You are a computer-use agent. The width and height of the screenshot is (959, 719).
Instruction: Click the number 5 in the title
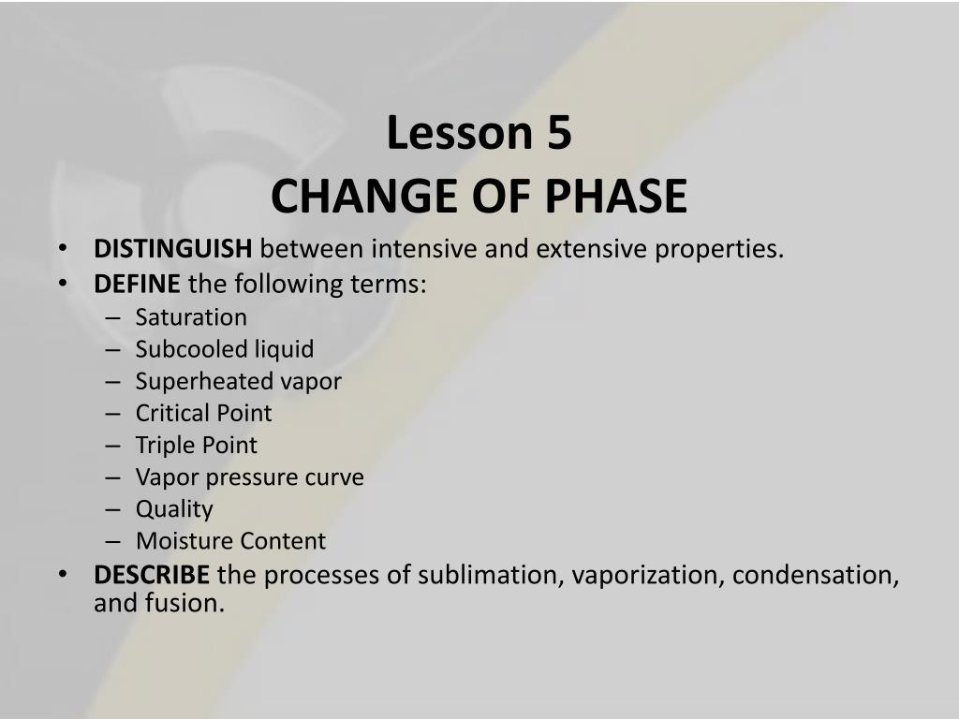tap(559, 133)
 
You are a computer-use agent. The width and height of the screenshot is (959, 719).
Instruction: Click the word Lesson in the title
tap(460, 133)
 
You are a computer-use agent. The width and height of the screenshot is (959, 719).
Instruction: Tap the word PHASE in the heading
tap(616, 197)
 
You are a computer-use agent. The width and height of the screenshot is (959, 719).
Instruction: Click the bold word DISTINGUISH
tap(172, 249)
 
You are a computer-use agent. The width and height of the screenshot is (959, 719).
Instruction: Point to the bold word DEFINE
tap(137, 284)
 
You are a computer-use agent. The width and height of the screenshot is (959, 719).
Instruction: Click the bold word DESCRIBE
tap(152, 575)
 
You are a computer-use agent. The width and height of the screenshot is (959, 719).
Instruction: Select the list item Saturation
tap(191, 317)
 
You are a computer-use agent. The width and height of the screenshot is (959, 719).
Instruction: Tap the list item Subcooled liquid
tap(225, 349)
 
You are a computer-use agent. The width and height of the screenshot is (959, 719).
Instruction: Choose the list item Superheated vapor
tap(239, 382)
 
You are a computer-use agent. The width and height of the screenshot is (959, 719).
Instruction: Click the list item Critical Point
tap(203, 413)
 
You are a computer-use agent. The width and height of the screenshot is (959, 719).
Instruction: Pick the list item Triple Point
tap(197, 445)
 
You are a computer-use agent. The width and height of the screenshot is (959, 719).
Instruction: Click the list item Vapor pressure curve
tap(249, 477)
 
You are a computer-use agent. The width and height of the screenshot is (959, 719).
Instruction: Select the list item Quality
tap(174, 509)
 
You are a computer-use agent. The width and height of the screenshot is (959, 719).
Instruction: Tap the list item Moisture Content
tap(230, 541)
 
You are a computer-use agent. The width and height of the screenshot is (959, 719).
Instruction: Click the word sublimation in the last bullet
tap(491, 575)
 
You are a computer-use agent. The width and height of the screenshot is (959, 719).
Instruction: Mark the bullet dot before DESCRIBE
tap(63, 575)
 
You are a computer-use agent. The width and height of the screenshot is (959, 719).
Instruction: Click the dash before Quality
tap(112, 509)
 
